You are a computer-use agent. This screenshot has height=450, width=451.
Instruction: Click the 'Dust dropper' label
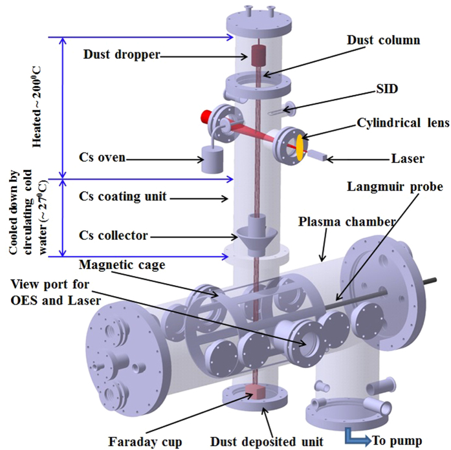(121, 55)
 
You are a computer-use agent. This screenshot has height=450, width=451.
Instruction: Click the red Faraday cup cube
(254, 392)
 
